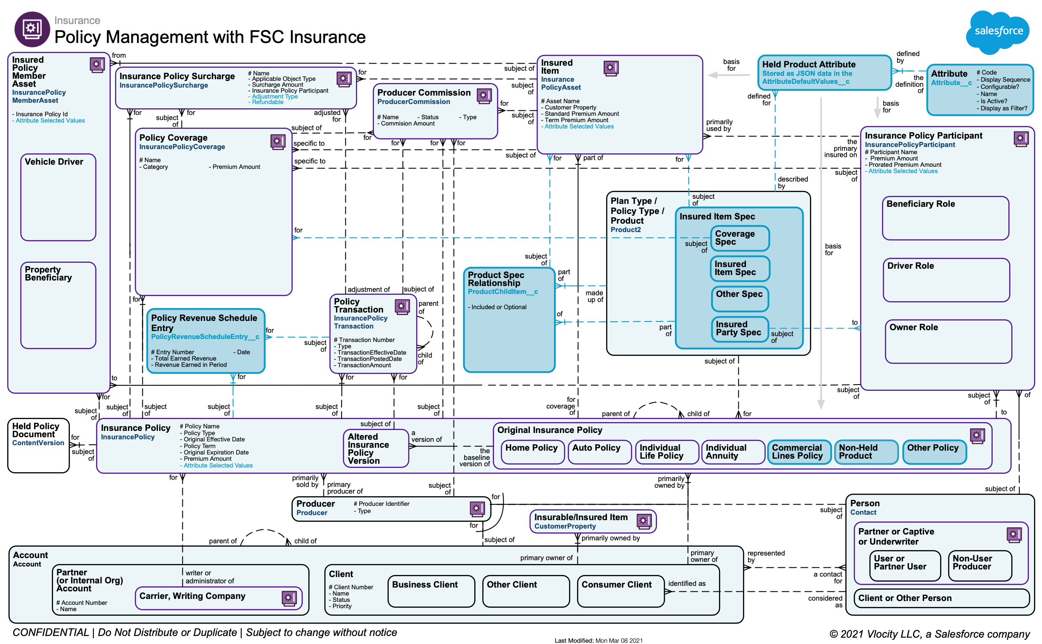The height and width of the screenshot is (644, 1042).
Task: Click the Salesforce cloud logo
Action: pos(998,31)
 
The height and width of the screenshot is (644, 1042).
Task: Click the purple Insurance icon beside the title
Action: pos(32,29)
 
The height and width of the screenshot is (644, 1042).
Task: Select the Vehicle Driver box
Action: pos(59,197)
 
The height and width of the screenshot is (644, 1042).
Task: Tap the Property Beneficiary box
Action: pos(59,305)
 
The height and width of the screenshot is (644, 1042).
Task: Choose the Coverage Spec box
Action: pos(740,238)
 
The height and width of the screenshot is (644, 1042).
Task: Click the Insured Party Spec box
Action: pos(740,329)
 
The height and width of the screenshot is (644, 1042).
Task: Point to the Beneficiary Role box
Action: pos(945,218)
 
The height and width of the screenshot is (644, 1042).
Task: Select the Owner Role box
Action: pos(948,342)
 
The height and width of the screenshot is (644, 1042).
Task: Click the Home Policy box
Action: pos(533,452)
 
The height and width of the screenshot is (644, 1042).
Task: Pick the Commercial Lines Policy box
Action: pos(799,452)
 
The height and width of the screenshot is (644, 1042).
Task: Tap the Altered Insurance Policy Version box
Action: pos(376,449)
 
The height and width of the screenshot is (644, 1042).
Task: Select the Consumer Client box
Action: pos(620,591)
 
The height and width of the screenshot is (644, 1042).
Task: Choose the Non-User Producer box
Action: pos(979,566)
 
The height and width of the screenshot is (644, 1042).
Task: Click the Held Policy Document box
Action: pos(38,446)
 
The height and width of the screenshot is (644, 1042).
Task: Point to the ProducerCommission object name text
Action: pos(414,102)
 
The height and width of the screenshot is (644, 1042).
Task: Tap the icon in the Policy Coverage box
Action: pos(278,142)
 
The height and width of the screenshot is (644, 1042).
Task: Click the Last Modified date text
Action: pos(598,640)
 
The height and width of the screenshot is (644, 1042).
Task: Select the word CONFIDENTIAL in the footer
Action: pos(51,633)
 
